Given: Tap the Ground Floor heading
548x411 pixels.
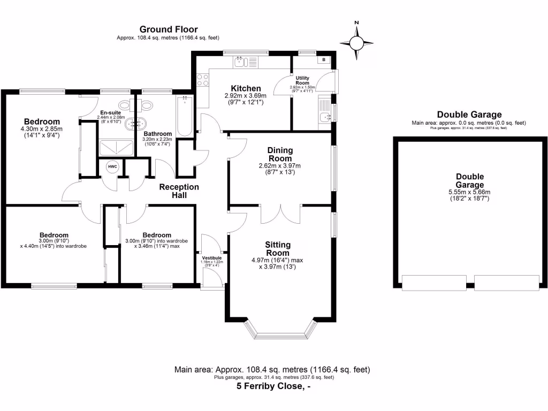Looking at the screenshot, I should click(168, 29).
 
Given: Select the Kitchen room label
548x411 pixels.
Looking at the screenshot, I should click(246, 88).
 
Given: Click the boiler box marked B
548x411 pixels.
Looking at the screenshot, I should click(324, 60).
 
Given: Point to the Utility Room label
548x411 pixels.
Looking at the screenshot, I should click(302, 81).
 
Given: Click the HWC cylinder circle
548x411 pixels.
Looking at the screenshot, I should click(112, 167).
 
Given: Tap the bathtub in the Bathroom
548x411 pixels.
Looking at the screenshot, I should click(184, 116).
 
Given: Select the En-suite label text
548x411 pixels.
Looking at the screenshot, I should click(111, 112).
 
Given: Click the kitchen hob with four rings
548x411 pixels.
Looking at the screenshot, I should click(203, 80).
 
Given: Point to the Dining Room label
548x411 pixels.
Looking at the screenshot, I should click(280, 155).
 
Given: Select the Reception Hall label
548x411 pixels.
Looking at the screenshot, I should click(179, 191).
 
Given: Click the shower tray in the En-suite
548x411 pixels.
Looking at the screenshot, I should click(116, 148).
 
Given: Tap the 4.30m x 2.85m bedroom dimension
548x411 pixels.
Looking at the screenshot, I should click(42, 129).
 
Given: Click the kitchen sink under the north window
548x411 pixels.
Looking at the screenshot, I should click(239, 63).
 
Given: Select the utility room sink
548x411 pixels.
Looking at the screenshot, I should click(324, 117).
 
